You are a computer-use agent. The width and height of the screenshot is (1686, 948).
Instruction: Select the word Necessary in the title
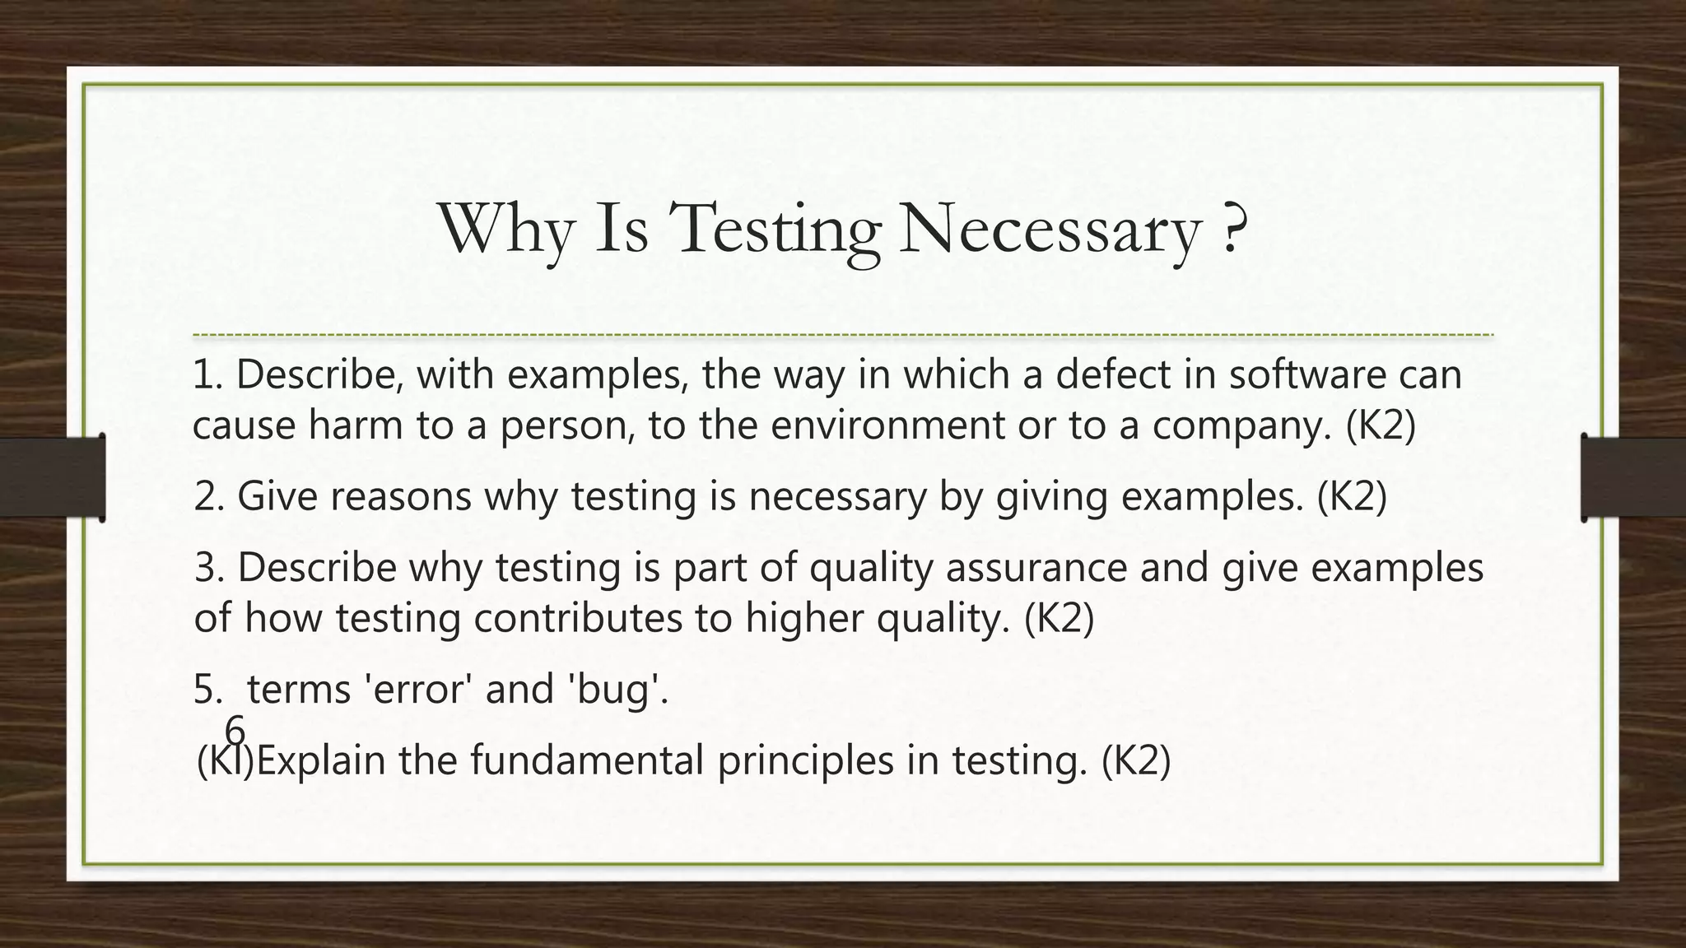tap(1050, 231)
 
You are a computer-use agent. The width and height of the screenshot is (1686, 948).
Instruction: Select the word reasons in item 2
tap(401, 496)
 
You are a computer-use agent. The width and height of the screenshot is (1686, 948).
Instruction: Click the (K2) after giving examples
tap(1352, 496)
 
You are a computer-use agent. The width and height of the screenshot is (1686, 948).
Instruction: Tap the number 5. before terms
tap(208, 689)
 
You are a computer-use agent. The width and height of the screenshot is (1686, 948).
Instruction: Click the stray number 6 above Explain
tap(235, 729)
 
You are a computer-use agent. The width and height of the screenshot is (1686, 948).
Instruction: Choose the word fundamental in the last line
tap(587, 760)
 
